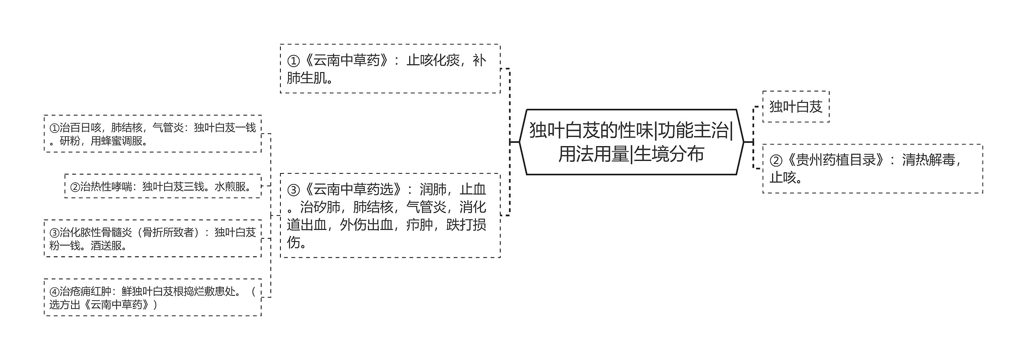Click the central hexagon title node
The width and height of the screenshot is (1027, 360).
click(631, 142)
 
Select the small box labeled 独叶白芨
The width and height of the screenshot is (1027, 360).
click(796, 106)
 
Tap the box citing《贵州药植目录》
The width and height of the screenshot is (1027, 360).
click(873, 169)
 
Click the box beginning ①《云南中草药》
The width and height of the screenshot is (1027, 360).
click(390, 69)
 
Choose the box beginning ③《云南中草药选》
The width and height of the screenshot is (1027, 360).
click(390, 216)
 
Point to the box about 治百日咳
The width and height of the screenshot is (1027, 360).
click(153, 134)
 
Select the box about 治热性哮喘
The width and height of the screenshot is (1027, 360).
click(163, 186)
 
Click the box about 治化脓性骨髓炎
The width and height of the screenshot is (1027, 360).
click(153, 238)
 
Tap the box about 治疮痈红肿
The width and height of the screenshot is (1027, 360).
click(153, 297)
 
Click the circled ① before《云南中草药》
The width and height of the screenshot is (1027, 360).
click(293, 61)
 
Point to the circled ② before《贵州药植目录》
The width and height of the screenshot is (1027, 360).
click(776, 161)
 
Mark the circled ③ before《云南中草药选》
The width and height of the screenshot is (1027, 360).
click(293, 190)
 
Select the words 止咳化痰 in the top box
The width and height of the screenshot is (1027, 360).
click(433, 60)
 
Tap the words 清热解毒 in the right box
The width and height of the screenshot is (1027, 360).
click(929, 160)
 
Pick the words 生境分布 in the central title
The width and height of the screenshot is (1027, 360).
click(669, 154)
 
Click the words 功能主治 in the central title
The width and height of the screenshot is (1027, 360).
click(693, 130)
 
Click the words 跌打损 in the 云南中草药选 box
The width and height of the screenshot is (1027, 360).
click(466, 225)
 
